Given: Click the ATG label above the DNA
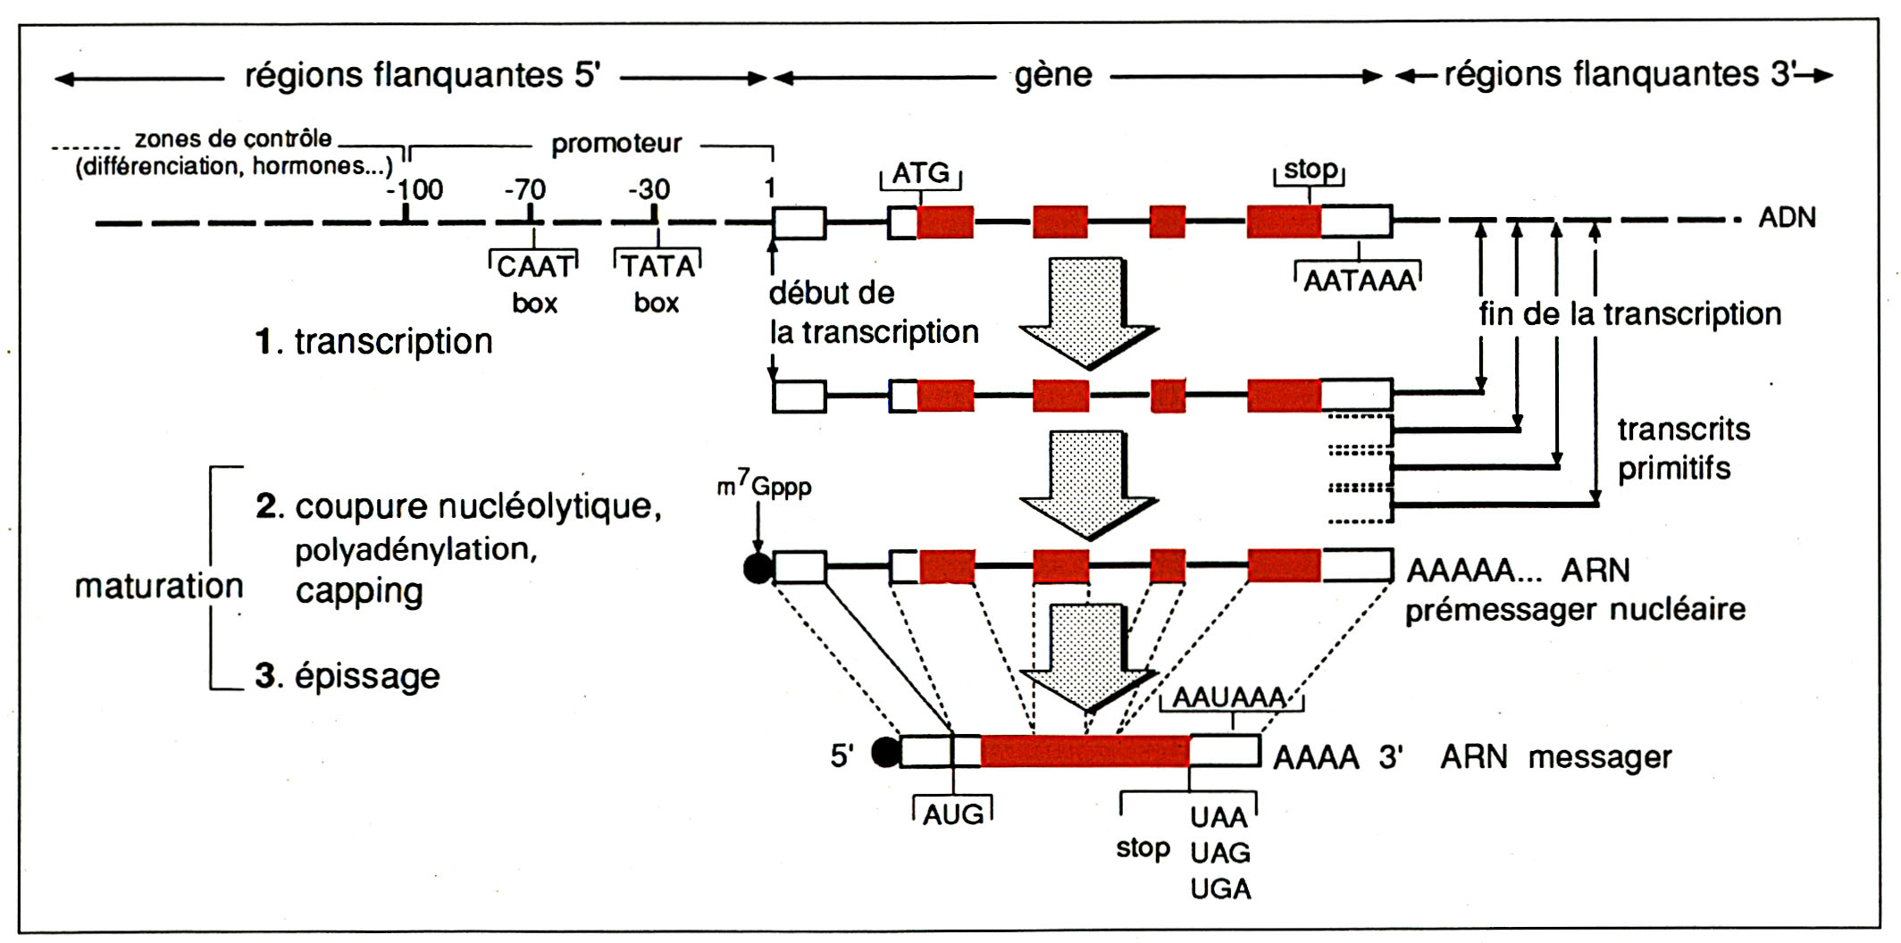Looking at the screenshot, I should (x=921, y=172).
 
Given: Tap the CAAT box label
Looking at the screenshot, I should (x=534, y=267).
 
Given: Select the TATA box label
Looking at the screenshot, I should (x=658, y=267).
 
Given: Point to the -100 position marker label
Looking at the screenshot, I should (x=415, y=189).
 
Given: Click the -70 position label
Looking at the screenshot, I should (x=525, y=189).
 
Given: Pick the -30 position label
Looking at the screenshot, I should (x=649, y=189).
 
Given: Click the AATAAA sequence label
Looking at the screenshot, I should (x=1360, y=281).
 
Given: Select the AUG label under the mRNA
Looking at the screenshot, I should (x=953, y=814).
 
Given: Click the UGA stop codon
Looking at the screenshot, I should (x=1220, y=889).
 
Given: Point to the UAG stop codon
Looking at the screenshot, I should (x=1220, y=853).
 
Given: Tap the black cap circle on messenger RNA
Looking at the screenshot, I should (x=885, y=752).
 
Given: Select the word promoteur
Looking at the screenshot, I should (x=616, y=144).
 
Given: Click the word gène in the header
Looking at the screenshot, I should (x=1053, y=76).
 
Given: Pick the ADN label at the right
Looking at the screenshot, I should (x=1787, y=218).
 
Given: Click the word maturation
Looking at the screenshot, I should (x=159, y=587).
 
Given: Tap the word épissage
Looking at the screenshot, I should (x=367, y=676).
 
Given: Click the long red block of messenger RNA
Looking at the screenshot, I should (x=1084, y=752).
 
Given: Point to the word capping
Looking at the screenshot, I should (x=359, y=591).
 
